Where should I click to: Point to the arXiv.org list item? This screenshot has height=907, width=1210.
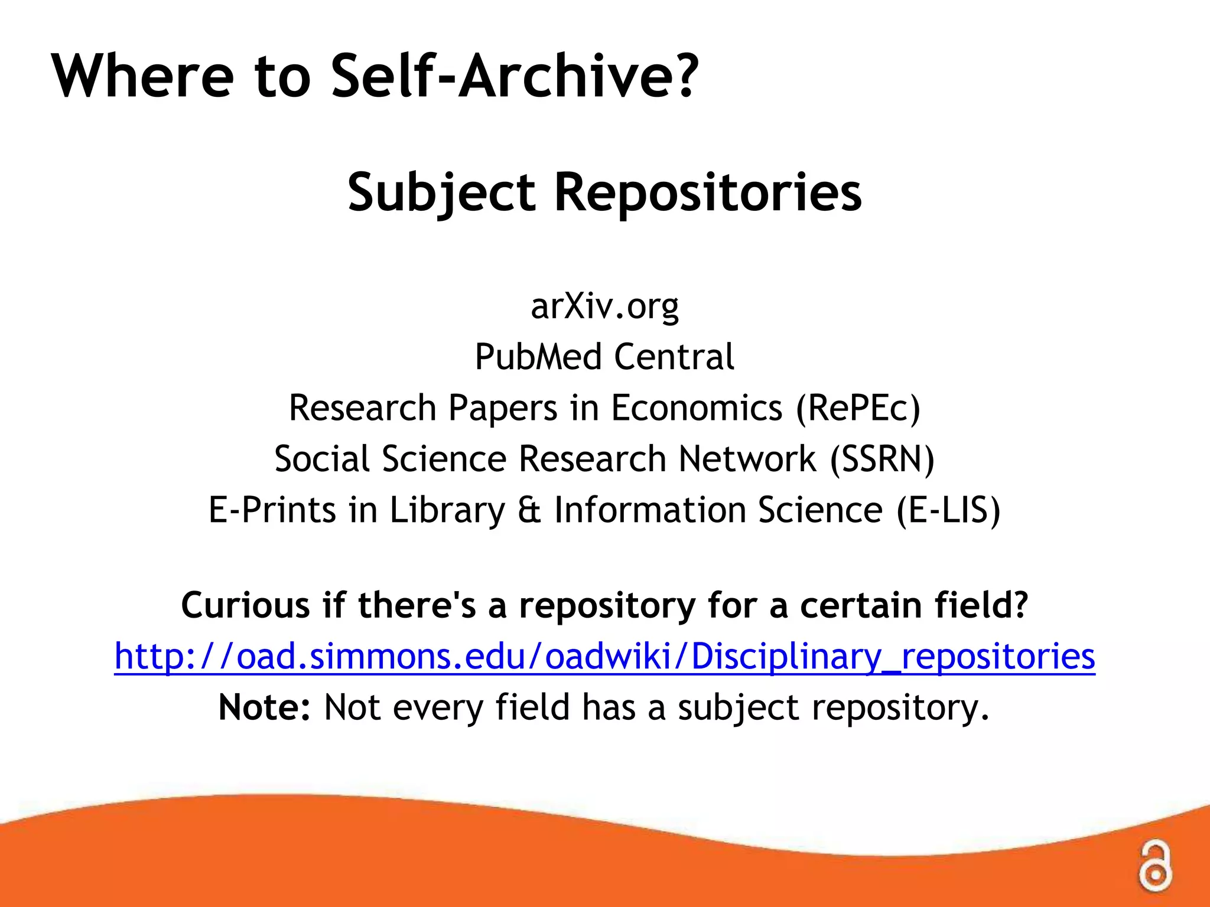(604, 306)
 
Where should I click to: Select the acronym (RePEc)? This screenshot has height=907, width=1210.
(858, 408)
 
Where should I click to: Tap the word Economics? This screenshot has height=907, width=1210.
(697, 408)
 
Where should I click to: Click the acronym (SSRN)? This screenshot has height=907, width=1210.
(882, 459)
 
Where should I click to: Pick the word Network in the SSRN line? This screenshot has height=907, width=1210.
(747, 459)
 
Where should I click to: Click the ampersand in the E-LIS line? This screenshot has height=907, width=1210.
(529, 510)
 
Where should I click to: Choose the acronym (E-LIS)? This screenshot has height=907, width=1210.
(948, 510)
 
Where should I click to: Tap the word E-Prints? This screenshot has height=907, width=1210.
(272, 510)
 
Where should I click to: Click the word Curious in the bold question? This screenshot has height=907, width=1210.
(245, 605)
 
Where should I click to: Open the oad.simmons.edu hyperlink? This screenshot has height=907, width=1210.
(604, 657)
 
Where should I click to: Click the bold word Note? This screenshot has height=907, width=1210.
(264, 707)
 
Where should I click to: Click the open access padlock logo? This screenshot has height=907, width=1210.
(1154, 866)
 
